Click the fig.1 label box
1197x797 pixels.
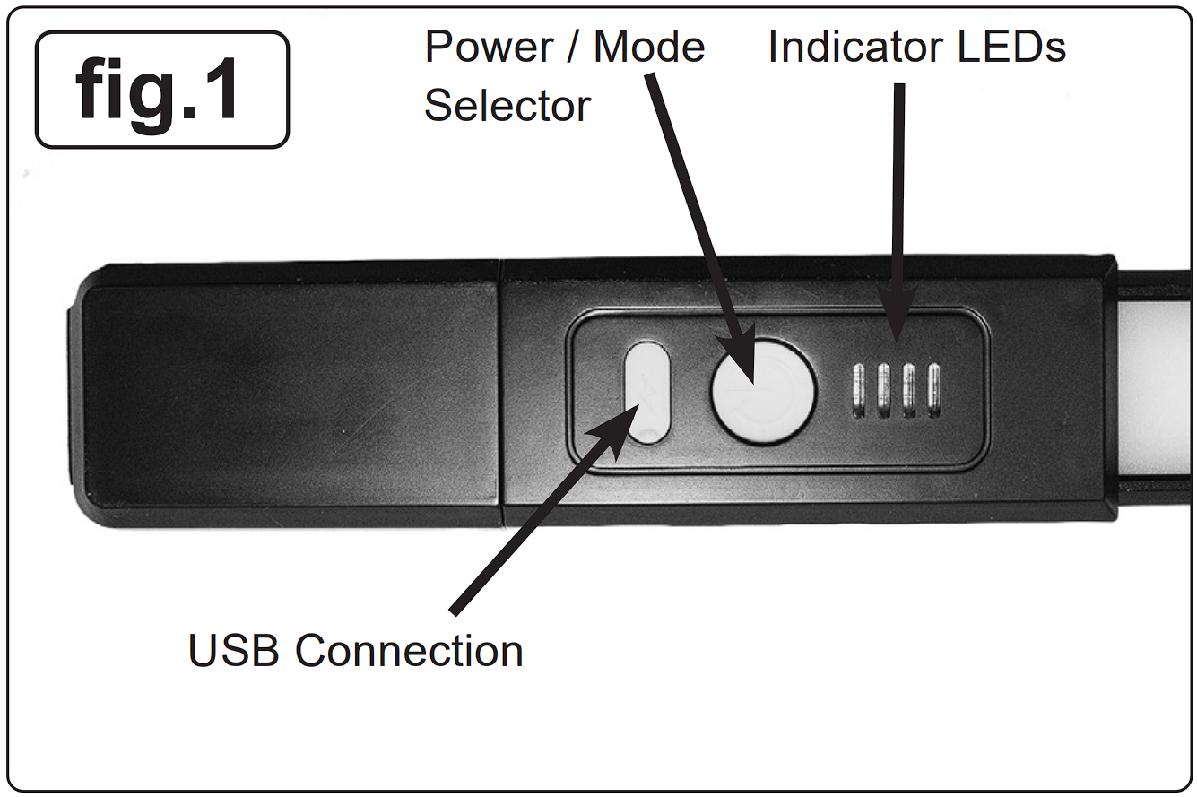[x=162, y=90]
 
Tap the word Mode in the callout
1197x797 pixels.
[x=649, y=47]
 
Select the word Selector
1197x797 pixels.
[x=507, y=106]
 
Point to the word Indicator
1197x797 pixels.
[x=854, y=47]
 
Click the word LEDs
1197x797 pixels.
[x=1011, y=47]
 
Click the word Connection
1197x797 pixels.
[x=409, y=651]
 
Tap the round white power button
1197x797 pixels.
[x=763, y=392]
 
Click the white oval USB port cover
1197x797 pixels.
[x=646, y=392]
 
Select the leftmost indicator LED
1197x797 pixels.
[x=858, y=391]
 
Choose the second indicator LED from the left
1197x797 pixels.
[x=883, y=391]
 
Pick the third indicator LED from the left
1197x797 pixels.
[x=908, y=391]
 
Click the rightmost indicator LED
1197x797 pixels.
[x=933, y=391]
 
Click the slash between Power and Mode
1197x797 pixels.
[x=573, y=47]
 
